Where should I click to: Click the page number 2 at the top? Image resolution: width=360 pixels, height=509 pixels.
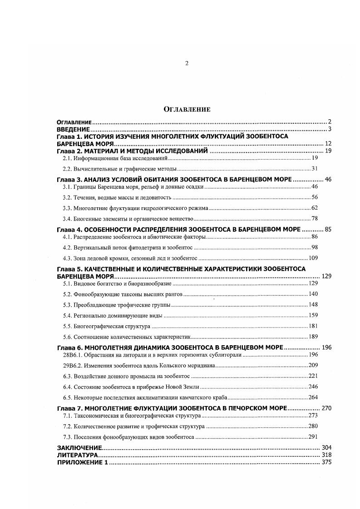186,64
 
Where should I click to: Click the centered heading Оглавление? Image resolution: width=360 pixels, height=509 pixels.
187,109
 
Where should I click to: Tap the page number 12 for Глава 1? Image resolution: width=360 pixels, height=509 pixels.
328,143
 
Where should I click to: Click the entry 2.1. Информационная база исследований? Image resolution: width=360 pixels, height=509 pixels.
115,158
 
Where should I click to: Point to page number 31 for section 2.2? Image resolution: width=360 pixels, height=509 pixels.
315,169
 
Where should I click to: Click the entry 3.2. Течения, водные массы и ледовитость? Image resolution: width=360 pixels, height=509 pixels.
117,197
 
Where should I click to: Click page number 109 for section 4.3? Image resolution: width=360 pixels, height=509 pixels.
313,258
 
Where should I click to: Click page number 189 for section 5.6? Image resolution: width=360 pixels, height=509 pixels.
313,337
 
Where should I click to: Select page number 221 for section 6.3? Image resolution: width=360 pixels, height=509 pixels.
313,376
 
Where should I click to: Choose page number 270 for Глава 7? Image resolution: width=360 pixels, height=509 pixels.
326,408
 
